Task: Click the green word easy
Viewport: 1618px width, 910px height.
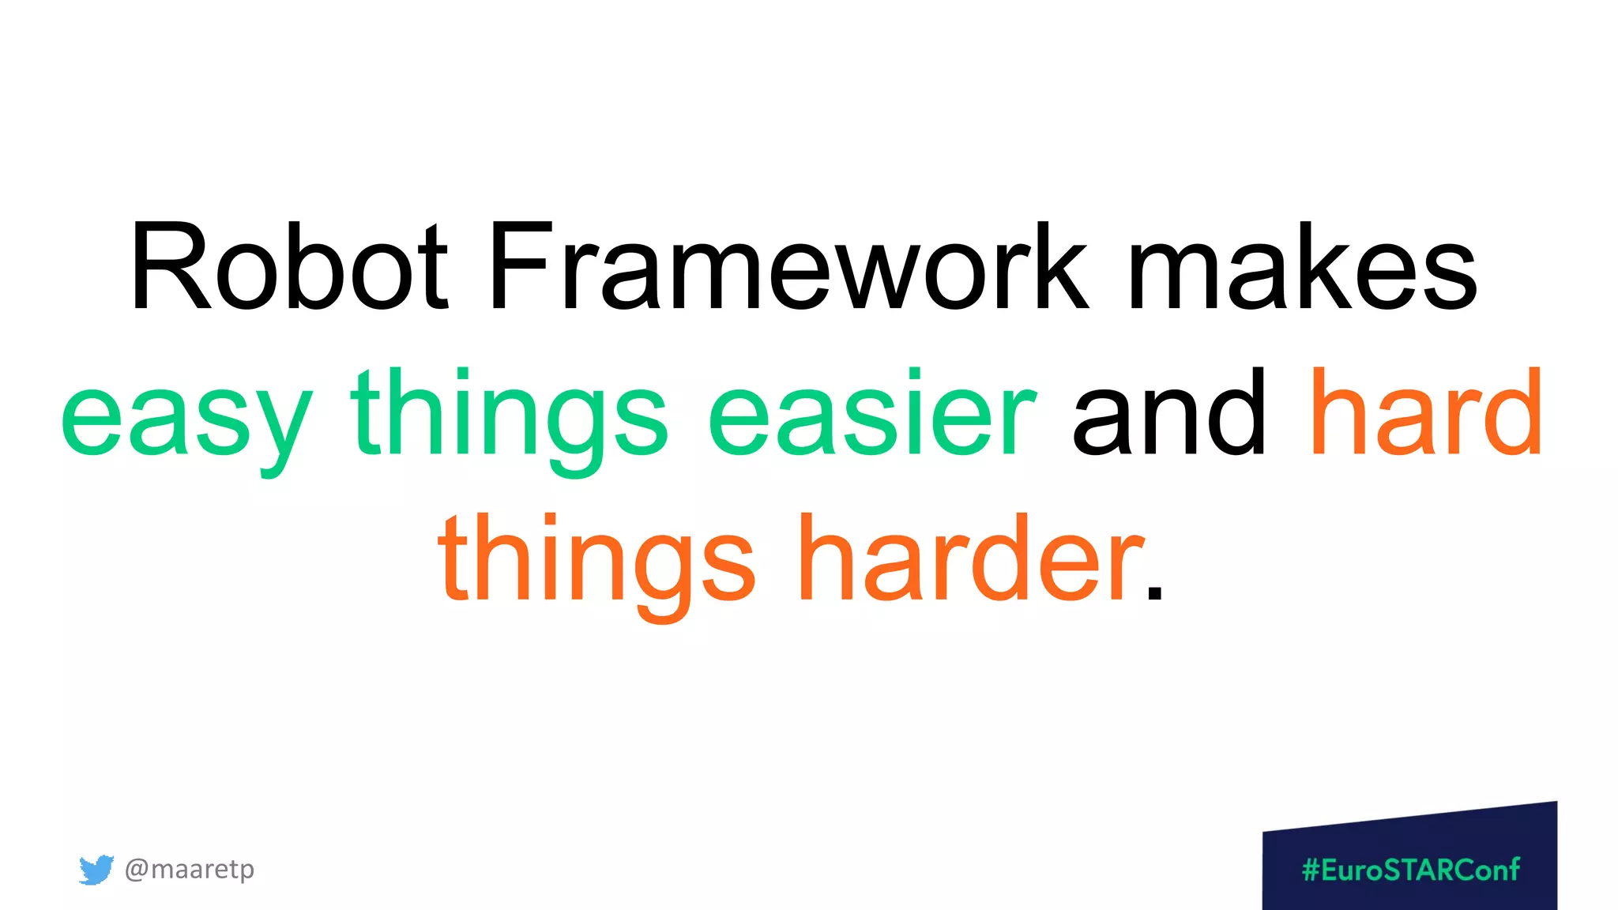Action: point(186,415)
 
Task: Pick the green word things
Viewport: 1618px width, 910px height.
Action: point(510,415)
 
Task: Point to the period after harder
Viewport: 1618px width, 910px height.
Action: point(1154,592)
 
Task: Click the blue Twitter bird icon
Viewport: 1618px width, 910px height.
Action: point(96,870)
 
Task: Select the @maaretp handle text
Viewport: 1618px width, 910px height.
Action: point(190,869)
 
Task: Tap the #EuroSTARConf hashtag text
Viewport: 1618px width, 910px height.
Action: point(1411,870)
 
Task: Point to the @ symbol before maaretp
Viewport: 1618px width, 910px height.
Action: point(136,870)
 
